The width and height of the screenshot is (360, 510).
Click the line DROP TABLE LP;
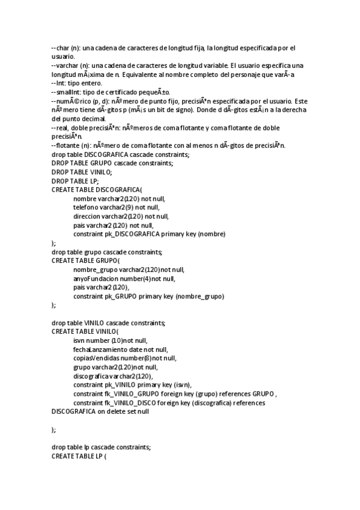pos(75,180)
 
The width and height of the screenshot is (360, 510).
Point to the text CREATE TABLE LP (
pos(79,456)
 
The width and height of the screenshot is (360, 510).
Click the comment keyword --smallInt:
pos(66,91)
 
